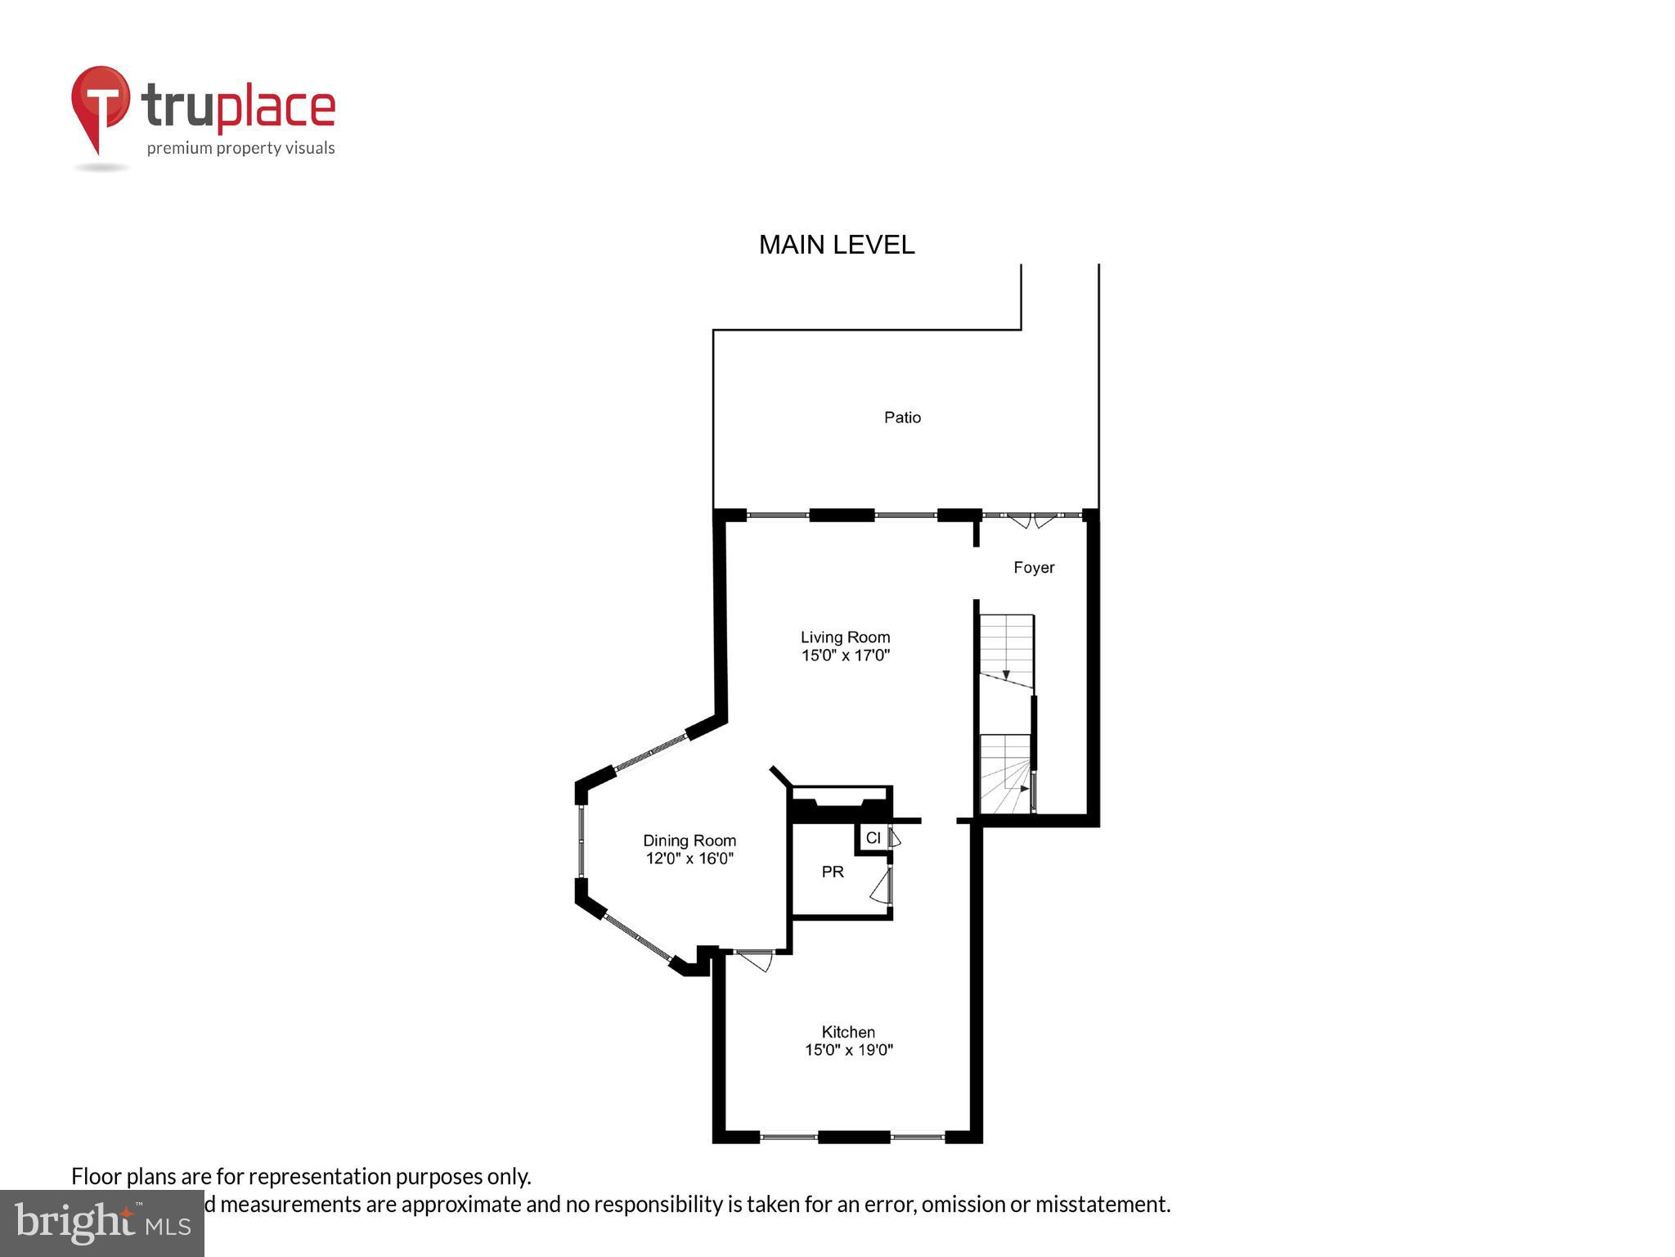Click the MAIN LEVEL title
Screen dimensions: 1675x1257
[x=836, y=245]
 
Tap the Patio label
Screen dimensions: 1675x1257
[x=902, y=417]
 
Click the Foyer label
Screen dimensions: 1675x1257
[x=1034, y=567]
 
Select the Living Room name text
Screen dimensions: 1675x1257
[x=845, y=637]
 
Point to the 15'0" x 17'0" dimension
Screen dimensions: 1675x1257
[x=845, y=656]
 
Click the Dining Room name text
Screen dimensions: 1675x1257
[x=689, y=840]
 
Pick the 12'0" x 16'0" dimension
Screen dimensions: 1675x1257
[x=689, y=858]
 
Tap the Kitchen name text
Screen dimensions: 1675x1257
[x=848, y=1032]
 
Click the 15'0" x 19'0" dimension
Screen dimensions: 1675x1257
[x=848, y=1050]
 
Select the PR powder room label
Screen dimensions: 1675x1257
[x=833, y=872]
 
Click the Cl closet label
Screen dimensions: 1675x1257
[x=873, y=838]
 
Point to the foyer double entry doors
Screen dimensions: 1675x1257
[x=1031, y=519]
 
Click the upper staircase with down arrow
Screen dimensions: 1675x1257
[x=1007, y=651]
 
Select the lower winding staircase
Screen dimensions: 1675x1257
[x=1005, y=774]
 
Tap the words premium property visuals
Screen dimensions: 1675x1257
[x=240, y=148]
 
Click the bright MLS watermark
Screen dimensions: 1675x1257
[x=101, y=1223]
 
